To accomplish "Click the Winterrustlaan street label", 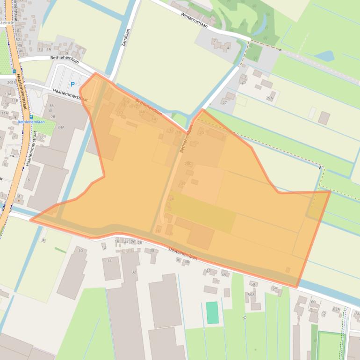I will (x=194, y=19).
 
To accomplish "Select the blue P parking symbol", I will (x=72, y=85).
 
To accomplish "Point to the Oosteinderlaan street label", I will (x=183, y=254).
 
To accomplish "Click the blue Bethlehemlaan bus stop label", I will (x=31, y=122).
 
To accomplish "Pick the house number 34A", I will (x=61, y=127).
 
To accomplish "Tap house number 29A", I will (x=269, y=98).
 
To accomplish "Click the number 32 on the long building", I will (x=134, y=272).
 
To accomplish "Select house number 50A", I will (x=251, y=295).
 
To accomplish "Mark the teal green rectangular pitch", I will (x=212, y=312).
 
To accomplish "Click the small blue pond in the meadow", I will (x=324, y=56).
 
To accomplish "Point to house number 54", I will (x=274, y=288).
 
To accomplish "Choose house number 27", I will (x=224, y=102).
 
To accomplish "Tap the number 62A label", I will (x=336, y=309).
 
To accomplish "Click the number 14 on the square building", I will (x=109, y=260).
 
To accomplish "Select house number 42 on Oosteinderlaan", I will (x=208, y=271).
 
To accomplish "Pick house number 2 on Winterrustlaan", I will (x=215, y=41).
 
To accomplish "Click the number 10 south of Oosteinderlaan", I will (x=80, y=251).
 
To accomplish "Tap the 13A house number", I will (x=8, y=94).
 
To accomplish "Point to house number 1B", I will (x=40, y=49).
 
